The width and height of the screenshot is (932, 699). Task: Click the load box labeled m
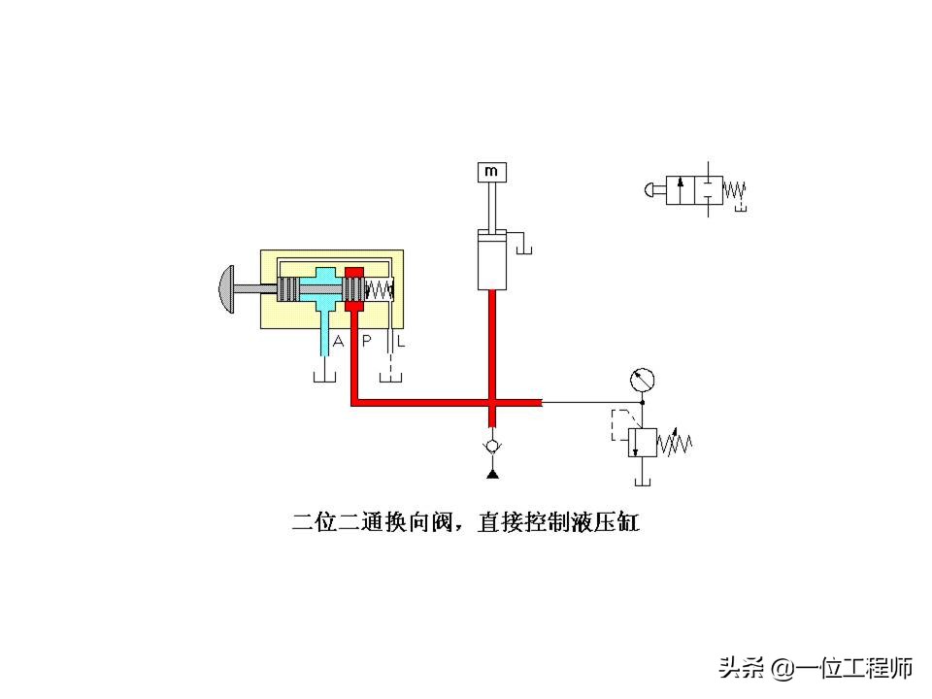(x=491, y=172)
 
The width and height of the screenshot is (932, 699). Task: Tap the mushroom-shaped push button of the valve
(x=227, y=289)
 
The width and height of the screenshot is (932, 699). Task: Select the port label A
(x=338, y=341)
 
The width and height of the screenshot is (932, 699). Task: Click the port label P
(x=367, y=341)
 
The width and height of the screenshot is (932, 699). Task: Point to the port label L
(x=401, y=342)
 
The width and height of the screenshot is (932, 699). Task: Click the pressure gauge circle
(x=642, y=381)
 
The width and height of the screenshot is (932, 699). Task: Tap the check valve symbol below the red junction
(x=492, y=447)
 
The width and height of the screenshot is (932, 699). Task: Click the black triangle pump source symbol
(x=492, y=473)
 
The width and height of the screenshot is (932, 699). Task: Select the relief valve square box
(x=642, y=443)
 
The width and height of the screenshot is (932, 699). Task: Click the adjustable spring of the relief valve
(x=675, y=443)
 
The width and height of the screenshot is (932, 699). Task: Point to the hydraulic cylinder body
(x=492, y=260)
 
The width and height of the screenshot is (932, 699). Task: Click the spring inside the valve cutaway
(x=379, y=290)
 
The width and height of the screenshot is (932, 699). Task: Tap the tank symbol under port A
(x=324, y=377)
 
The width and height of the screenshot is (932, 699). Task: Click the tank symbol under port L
(x=390, y=377)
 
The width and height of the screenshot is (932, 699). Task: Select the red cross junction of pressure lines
(x=492, y=403)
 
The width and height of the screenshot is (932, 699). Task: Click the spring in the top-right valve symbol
(x=734, y=191)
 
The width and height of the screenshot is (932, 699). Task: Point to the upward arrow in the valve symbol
(x=681, y=190)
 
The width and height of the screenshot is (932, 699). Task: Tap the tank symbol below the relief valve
(x=643, y=482)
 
